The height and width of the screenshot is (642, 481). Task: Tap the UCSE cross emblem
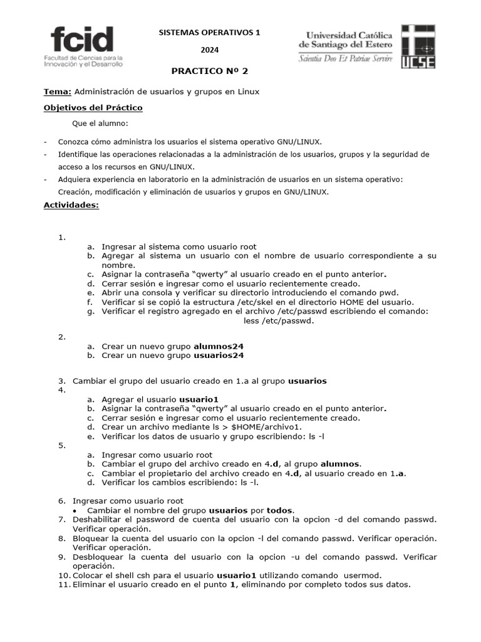click(418, 46)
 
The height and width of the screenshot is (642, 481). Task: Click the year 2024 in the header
click(210, 50)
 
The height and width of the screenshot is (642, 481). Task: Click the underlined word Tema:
click(57, 92)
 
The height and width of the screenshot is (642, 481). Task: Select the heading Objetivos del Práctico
click(93, 108)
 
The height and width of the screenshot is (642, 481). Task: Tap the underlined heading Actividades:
click(71, 205)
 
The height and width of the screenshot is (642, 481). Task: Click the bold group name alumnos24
click(219, 345)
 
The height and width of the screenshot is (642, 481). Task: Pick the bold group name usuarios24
click(219, 355)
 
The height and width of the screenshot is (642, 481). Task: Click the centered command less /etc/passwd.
click(278, 321)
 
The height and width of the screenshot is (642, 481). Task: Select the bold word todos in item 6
click(280, 510)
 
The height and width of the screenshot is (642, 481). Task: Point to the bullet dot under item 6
click(75, 511)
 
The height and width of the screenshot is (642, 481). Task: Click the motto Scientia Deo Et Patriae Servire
click(346, 59)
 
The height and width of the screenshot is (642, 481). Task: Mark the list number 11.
click(63, 584)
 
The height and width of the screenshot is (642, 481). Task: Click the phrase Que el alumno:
click(100, 124)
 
